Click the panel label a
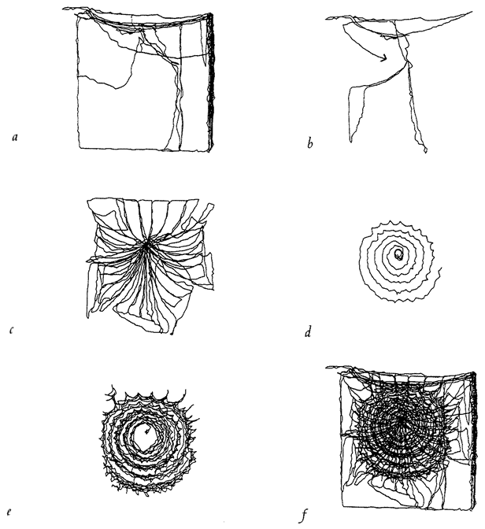click(14, 137)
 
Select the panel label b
click(310, 144)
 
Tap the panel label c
click(12, 330)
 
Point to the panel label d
click(308, 331)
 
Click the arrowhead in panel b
click(383, 59)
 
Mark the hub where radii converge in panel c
click(146, 246)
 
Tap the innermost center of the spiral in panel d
click(398, 255)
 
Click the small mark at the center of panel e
click(146, 431)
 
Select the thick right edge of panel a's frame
click(211, 82)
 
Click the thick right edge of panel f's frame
click(474, 438)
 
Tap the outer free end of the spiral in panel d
click(441, 268)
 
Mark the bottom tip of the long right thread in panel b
click(425, 152)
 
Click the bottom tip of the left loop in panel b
click(351, 141)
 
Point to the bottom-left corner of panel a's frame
click(80, 147)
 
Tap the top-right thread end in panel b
click(472, 12)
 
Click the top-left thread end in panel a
click(64, 9)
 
